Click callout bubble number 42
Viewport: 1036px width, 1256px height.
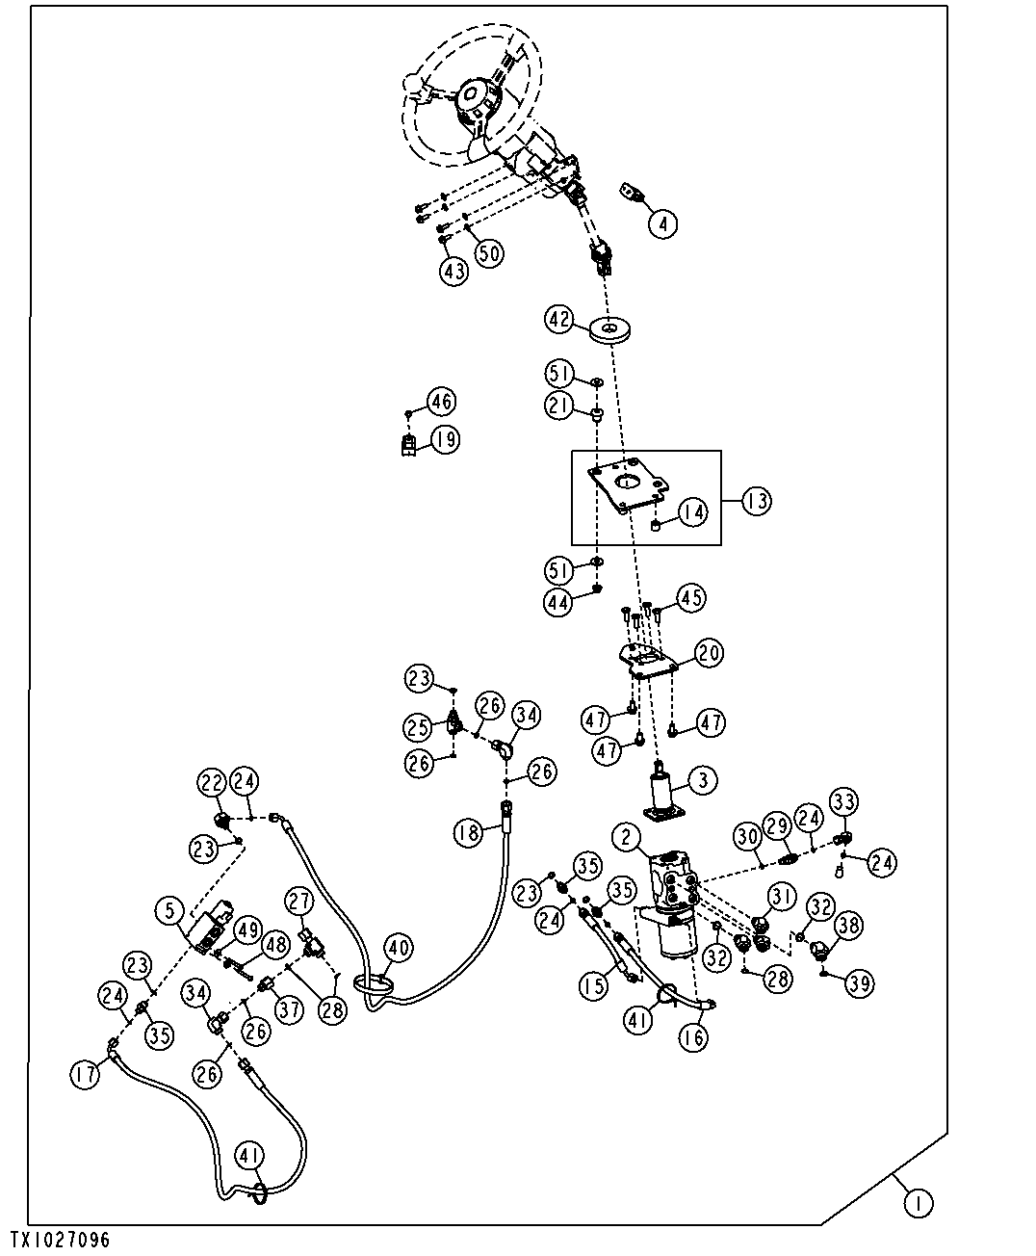[559, 320]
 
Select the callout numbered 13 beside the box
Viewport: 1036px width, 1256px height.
[757, 501]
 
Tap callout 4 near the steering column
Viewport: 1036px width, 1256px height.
[662, 223]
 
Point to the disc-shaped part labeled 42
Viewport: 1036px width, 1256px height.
[609, 330]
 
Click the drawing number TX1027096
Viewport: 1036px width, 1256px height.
[60, 1241]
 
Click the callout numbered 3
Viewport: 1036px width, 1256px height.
[702, 781]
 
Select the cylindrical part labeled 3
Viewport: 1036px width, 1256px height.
[662, 793]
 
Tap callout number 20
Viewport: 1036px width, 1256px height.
[709, 653]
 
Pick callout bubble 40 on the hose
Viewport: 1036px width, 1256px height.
[398, 948]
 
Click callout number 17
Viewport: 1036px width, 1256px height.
[85, 1074]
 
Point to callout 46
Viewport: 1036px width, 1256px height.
[441, 402]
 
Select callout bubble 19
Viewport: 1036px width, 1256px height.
[445, 440]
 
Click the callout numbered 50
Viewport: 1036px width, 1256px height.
[489, 253]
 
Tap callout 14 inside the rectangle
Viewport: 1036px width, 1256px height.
[692, 512]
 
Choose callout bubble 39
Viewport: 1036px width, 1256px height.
[859, 984]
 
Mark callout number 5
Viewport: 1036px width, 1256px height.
[170, 910]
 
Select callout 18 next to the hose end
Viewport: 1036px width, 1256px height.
[468, 833]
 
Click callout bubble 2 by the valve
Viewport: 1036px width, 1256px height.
[627, 836]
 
